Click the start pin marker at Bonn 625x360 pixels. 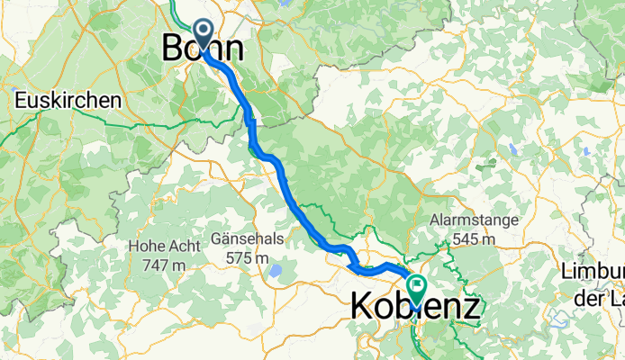click(203, 33)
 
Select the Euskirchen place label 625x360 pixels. click(68, 101)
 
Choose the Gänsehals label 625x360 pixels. click(246, 238)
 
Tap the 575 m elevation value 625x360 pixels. click(247, 258)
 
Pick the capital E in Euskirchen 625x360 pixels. click(21, 101)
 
